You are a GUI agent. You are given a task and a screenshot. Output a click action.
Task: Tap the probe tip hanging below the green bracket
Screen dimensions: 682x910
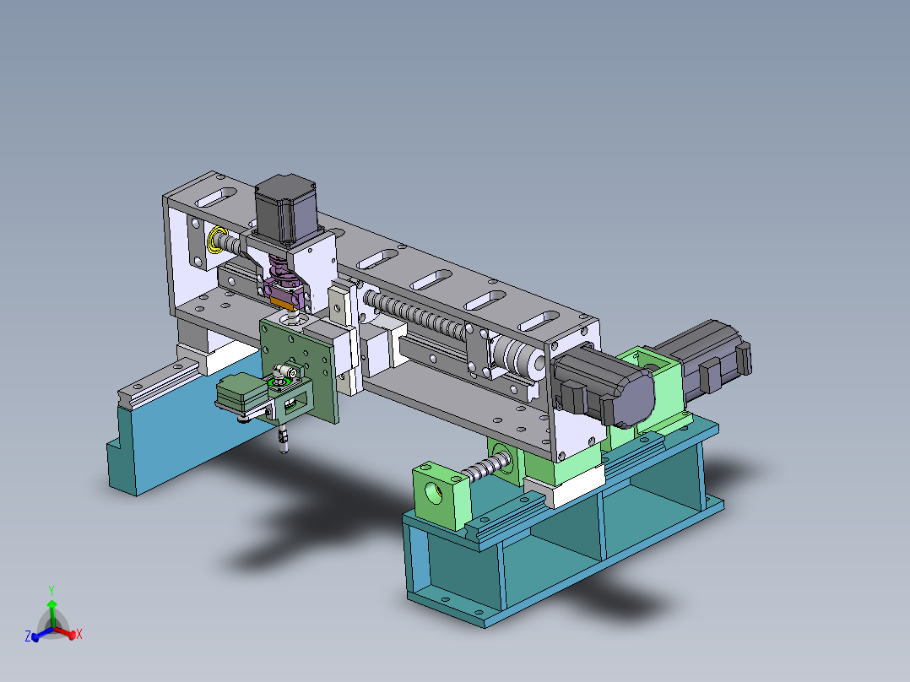[284, 441]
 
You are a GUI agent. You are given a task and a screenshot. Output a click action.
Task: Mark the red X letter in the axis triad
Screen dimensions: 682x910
[79, 634]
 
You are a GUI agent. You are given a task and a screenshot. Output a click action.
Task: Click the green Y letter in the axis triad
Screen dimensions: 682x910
[51, 590]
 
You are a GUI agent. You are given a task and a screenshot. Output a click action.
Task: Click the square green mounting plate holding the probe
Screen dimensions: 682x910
[301, 355]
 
